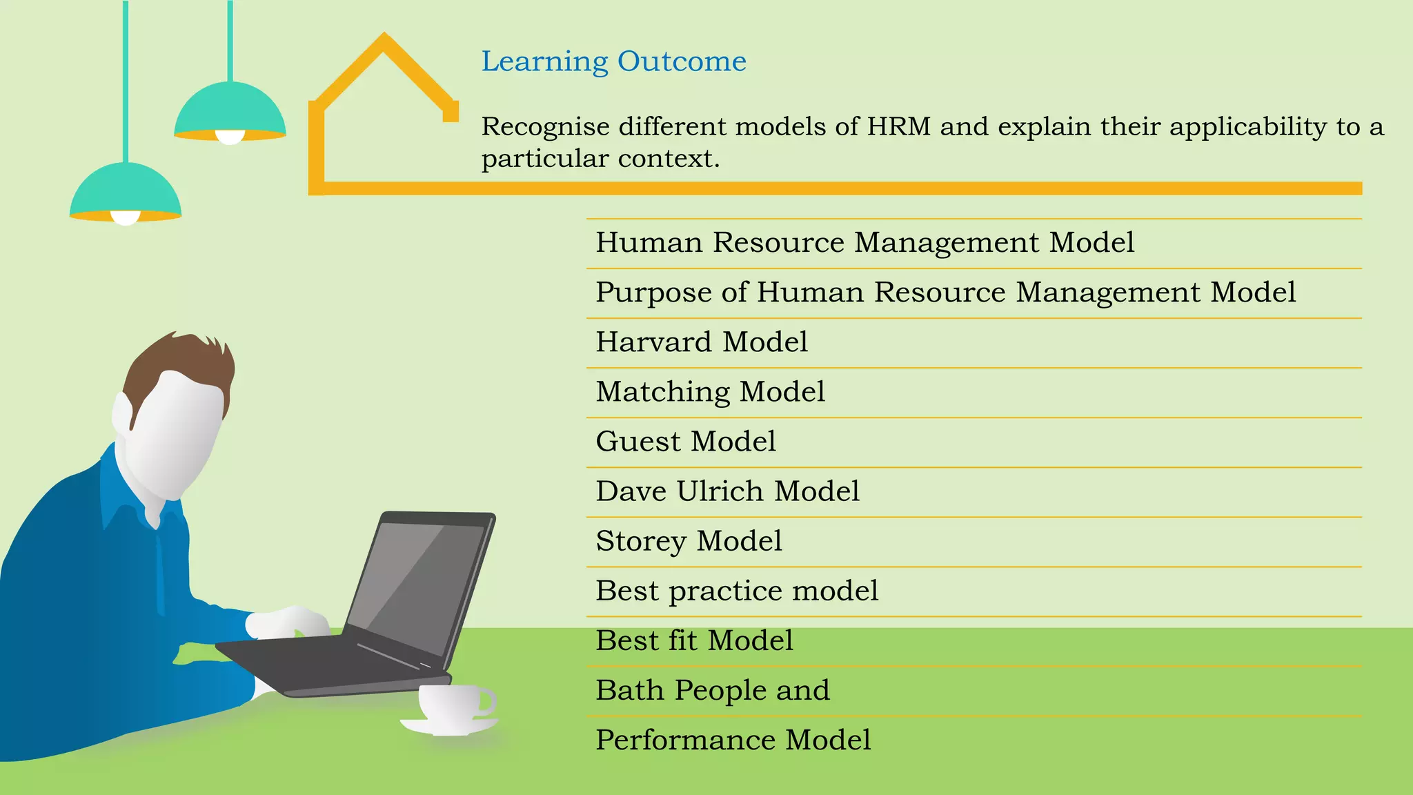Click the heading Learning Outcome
(x=613, y=61)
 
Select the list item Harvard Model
(x=701, y=342)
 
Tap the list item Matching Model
(x=710, y=392)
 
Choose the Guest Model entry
(x=685, y=442)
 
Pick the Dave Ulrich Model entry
(x=727, y=491)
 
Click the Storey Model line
(x=689, y=541)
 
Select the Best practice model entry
(x=736, y=591)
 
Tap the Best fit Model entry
(x=693, y=640)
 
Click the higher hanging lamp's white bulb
(x=230, y=137)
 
